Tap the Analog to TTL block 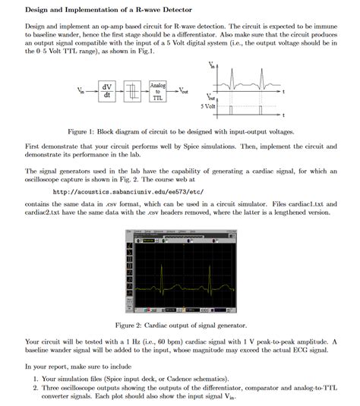158,92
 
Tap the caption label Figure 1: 84,131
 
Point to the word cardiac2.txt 43,213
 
